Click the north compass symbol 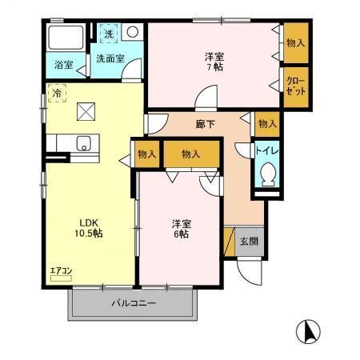point(308,330)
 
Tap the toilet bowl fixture point(267,172)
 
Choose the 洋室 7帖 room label point(214,62)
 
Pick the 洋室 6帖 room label point(179,229)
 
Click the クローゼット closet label point(294,86)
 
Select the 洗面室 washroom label point(110,58)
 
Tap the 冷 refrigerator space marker point(57,93)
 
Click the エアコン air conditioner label point(62,271)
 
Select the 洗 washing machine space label point(110,34)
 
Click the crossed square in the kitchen point(85,113)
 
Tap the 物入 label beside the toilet point(267,124)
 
